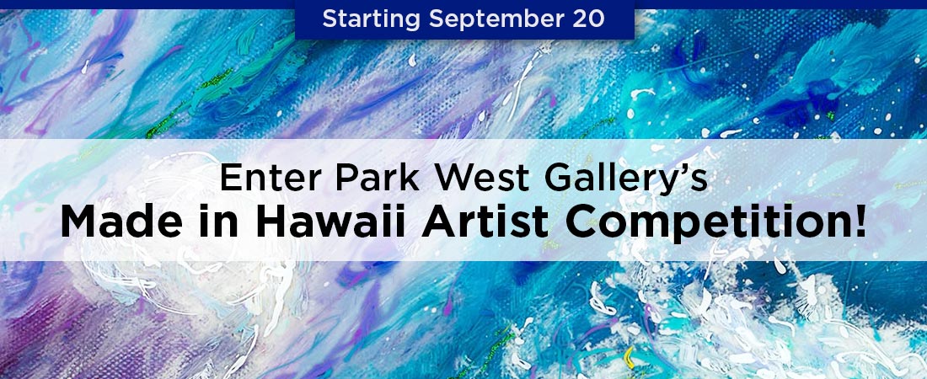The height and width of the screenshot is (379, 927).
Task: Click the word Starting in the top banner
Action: coord(371,19)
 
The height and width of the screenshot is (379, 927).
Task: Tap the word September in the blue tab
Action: coord(496,19)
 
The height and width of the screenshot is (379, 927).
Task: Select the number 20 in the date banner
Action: coord(589,19)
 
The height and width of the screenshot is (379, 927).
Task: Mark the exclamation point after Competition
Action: coord(860,222)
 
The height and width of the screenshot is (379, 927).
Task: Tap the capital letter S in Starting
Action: coord(330,19)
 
